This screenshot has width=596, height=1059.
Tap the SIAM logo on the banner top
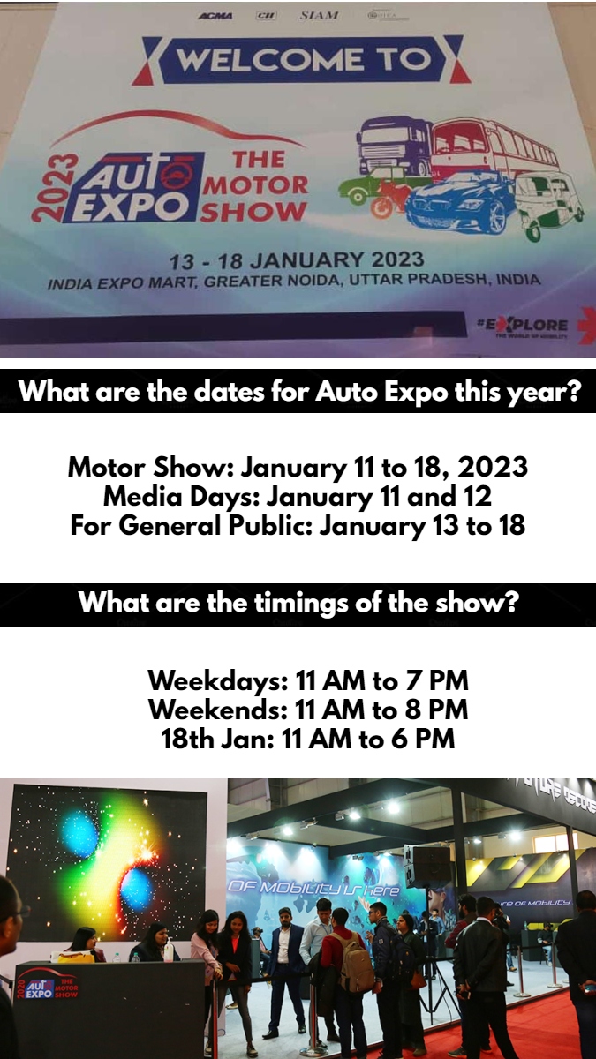(x=319, y=15)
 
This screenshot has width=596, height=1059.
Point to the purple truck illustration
(x=395, y=146)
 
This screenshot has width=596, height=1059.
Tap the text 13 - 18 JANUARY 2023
(x=298, y=260)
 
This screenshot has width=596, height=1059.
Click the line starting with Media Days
(x=298, y=497)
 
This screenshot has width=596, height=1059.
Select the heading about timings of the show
(x=298, y=604)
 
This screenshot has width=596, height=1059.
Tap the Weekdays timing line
(x=307, y=681)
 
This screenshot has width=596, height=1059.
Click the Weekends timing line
(x=307, y=710)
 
